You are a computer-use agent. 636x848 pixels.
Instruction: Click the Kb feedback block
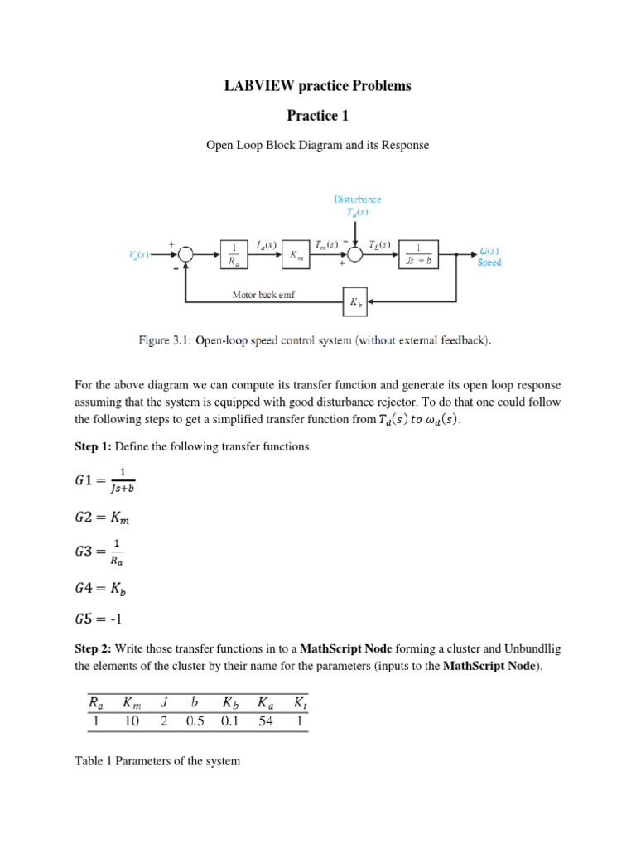point(355,302)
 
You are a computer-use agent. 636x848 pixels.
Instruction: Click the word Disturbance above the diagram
point(358,200)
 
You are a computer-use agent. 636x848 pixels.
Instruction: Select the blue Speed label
point(489,263)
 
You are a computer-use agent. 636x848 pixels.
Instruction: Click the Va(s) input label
point(138,255)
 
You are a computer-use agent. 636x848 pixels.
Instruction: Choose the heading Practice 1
point(318,115)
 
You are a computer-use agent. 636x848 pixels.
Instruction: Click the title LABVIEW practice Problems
point(318,86)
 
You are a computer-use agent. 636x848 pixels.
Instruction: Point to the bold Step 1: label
point(93,446)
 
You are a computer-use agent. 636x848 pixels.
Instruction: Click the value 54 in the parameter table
point(265,722)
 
